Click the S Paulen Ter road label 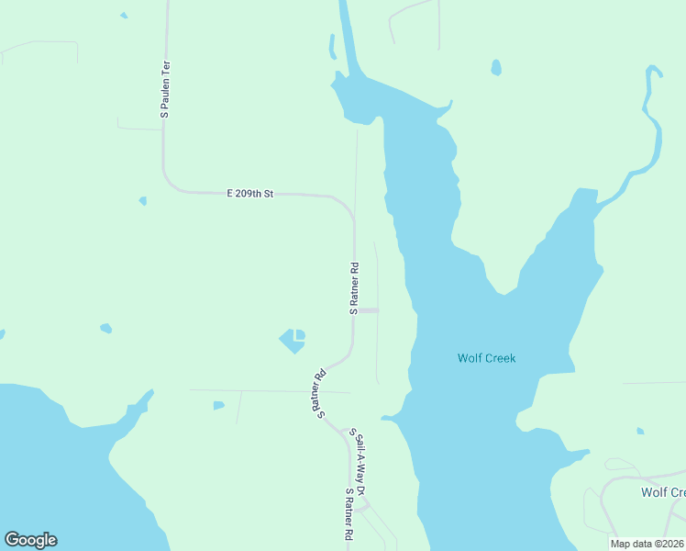(166, 89)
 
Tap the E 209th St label (250, 194)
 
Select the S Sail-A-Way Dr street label (360, 463)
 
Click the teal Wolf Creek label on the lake (487, 358)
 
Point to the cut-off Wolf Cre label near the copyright (662, 492)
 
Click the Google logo (30, 540)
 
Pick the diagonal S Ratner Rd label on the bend (321, 393)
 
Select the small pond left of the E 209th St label (142, 200)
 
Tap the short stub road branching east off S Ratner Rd (367, 310)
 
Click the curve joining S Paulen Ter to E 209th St (169, 184)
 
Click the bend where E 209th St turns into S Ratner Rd (349, 209)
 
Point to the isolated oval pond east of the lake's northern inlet (496, 67)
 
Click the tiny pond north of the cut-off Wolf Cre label (640, 431)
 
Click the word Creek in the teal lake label (501, 358)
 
